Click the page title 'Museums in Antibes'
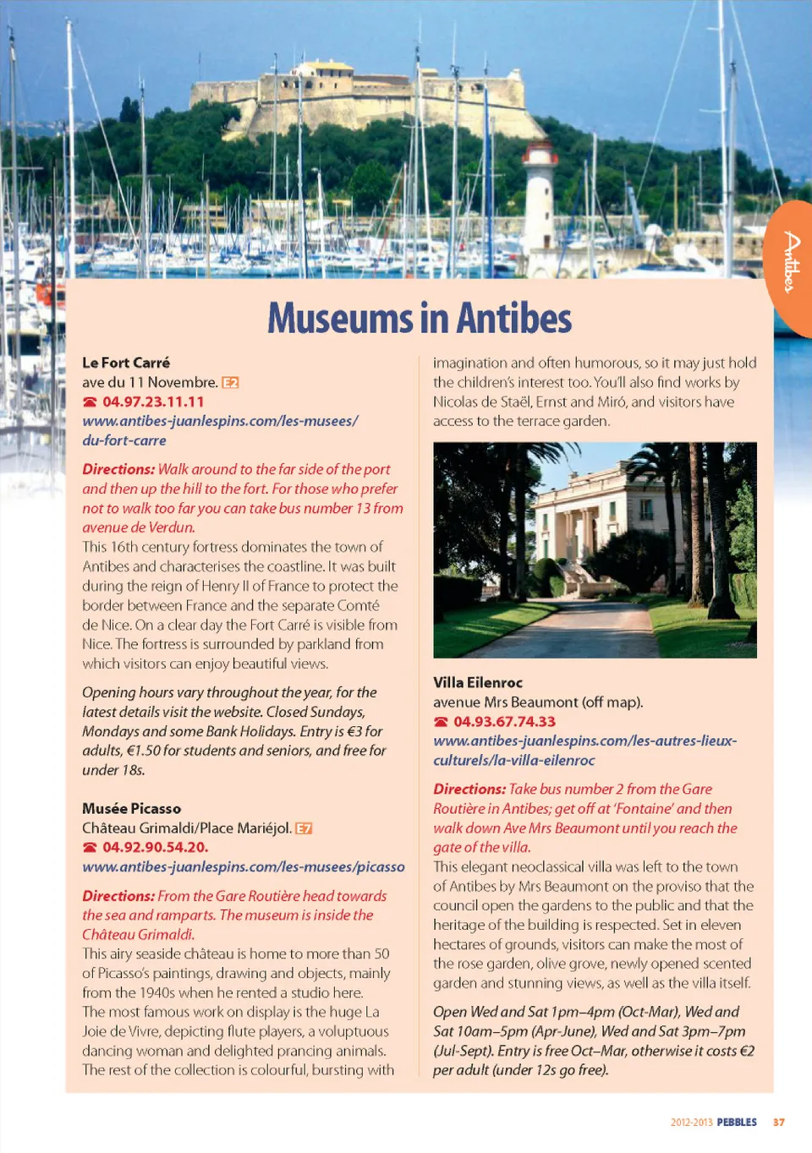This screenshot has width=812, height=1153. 420,319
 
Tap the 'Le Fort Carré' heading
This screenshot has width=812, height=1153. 126,363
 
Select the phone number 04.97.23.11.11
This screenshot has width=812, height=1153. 153,402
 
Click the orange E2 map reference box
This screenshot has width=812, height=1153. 230,383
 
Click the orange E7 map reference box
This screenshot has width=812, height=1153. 304,828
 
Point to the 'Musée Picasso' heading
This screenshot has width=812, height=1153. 131,808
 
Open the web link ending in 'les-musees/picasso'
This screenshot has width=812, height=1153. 244,866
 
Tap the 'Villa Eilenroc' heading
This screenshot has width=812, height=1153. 478,682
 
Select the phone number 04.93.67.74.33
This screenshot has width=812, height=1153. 504,721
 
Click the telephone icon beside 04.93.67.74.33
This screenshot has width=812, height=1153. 441,722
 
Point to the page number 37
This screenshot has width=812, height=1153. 778,1123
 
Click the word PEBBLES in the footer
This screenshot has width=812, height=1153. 737,1123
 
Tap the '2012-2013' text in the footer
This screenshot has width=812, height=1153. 691,1123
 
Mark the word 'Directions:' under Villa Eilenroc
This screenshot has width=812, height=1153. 469,789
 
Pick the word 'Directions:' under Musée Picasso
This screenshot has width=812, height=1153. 118,895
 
